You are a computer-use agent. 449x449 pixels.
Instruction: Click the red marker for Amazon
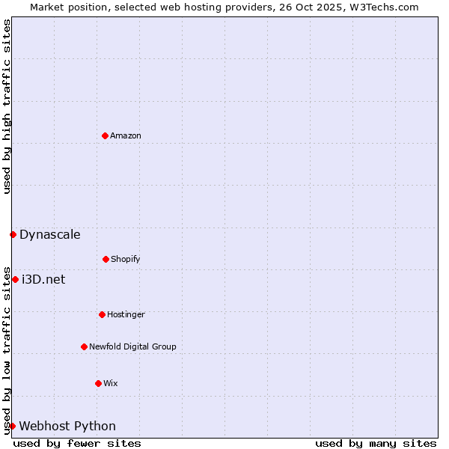(105, 135)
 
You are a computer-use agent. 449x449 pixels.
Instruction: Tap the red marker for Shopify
(106, 259)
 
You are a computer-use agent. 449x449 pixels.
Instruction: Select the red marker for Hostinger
(102, 314)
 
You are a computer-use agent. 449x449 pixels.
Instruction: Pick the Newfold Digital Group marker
(84, 346)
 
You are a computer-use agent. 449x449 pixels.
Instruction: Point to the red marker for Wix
(98, 383)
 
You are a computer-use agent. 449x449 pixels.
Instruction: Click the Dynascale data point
(13, 234)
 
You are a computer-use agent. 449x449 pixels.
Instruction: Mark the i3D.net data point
(15, 279)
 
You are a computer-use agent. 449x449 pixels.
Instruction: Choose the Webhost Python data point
(12, 426)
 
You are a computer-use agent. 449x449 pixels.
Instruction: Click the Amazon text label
(126, 135)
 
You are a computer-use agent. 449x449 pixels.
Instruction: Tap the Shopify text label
(126, 259)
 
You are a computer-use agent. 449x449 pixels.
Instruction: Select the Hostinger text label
(126, 314)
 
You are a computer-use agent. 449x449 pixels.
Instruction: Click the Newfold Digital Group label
(132, 346)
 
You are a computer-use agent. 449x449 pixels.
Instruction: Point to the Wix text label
(111, 383)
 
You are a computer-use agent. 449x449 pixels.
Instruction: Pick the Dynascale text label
(50, 234)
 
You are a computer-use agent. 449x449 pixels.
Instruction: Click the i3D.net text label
(43, 279)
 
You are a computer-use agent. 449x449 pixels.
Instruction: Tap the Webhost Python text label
(67, 426)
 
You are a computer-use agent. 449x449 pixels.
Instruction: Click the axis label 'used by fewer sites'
(77, 443)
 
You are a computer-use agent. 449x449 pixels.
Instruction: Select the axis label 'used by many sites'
(376, 443)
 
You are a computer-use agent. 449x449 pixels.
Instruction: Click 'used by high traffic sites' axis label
(7, 106)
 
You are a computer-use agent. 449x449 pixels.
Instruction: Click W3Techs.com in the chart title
(382, 7)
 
